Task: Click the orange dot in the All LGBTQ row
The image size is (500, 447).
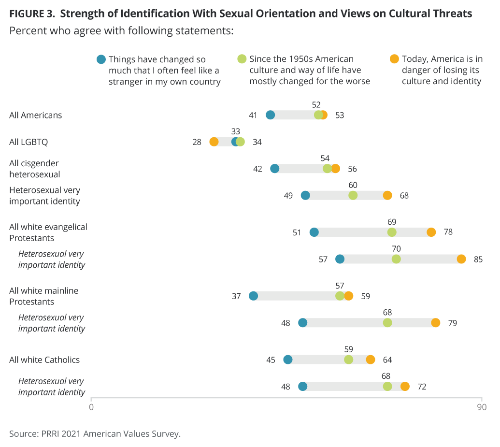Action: tap(214, 142)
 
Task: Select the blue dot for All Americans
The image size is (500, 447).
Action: tap(271, 115)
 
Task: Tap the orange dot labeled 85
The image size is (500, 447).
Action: tap(461, 259)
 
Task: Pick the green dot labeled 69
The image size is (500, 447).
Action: tap(392, 232)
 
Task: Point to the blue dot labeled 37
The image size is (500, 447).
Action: tap(253, 296)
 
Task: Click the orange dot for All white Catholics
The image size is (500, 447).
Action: tap(371, 360)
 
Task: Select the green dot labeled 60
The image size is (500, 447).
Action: tap(353, 195)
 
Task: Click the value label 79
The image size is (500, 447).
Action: tap(452, 323)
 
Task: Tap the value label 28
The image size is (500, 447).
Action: tap(197, 142)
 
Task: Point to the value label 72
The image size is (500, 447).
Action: tap(421, 387)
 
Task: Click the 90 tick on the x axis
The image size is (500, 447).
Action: tap(481, 407)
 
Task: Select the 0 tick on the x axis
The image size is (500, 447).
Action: tap(91, 407)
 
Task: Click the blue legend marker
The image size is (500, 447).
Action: tap(101, 59)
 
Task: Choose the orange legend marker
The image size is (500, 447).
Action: tap(394, 59)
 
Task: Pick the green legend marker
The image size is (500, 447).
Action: tap(242, 59)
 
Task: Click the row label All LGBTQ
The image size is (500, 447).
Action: tap(29, 142)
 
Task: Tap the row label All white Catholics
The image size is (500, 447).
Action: tap(44, 360)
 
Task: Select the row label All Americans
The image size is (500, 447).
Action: tap(36, 115)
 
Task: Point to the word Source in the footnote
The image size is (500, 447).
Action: tap(22, 433)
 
